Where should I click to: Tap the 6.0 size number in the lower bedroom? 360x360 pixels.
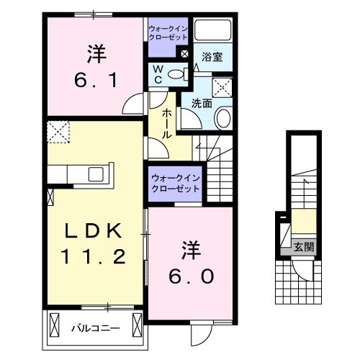192,276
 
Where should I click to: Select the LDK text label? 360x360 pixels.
96,231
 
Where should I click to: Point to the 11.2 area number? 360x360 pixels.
96,257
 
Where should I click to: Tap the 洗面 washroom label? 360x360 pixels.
202,103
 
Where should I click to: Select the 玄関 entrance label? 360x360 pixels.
302,247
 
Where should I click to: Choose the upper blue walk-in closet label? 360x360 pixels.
167,32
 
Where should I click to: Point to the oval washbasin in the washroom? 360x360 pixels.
223,117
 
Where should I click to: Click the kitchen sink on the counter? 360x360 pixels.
95,174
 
